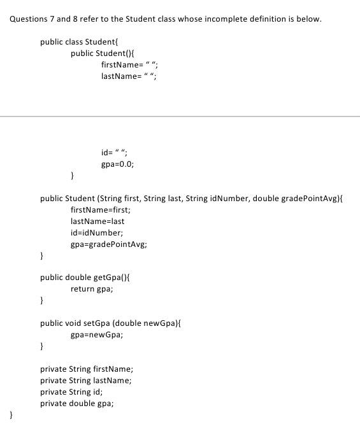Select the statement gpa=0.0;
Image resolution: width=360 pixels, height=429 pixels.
pos(117,164)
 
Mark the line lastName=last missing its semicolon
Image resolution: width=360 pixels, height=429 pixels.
pos(97,222)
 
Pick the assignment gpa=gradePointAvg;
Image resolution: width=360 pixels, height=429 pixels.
pos(109,244)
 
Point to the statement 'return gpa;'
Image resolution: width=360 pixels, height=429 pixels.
pos(92,289)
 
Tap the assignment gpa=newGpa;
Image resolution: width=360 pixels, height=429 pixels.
pos(97,335)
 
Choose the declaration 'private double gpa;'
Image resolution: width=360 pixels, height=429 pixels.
pos(78,403)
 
